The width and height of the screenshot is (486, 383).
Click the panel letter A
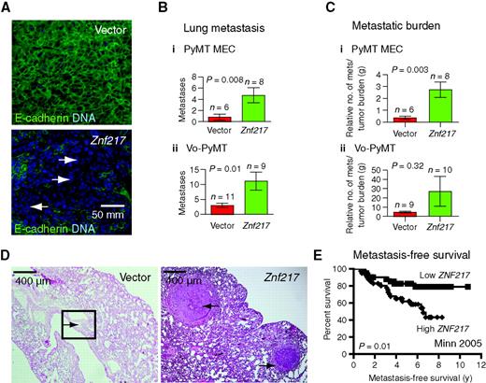(7, 7)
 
